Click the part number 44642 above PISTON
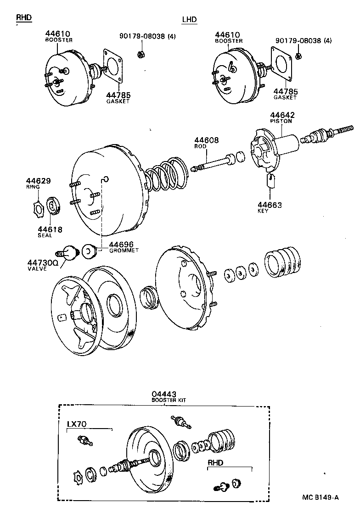point(282,115)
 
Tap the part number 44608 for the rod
point(206,140)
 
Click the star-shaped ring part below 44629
point(38,209)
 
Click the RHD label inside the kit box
point(216,463)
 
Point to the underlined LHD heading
point(189,19)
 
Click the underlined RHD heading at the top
point(24,17)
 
